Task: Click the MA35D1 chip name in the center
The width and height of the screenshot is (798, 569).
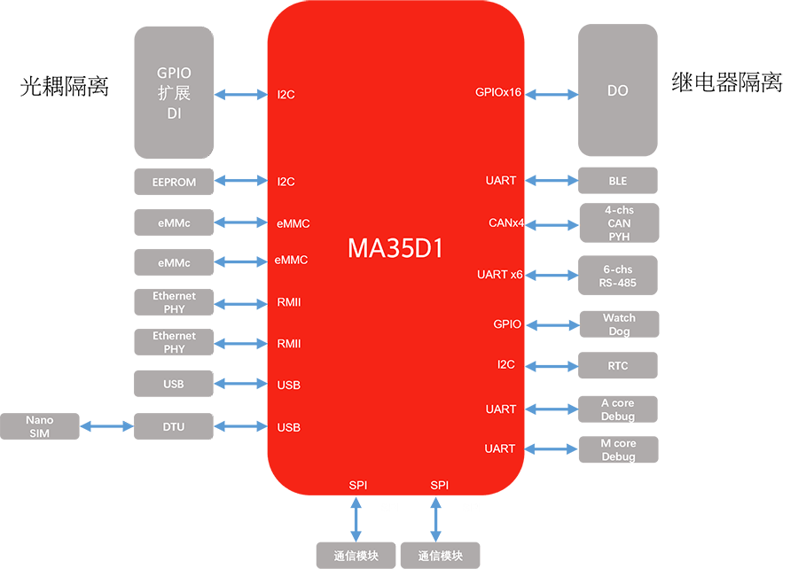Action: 395,248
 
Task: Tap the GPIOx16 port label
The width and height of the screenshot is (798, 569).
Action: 498,92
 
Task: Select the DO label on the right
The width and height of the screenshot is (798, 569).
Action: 618,90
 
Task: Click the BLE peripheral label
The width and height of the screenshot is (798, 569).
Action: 618,181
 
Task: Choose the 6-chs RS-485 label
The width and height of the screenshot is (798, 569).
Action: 618,276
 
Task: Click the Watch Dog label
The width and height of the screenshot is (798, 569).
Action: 619,324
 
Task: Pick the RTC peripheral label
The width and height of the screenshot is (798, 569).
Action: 618,365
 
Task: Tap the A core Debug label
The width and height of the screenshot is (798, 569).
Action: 618,409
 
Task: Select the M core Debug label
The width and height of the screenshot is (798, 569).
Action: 618,449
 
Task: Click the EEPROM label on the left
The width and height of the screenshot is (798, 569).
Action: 174,183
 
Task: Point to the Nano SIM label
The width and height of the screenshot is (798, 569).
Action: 39,426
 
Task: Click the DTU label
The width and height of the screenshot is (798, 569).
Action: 174,427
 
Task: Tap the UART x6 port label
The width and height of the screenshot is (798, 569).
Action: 500,275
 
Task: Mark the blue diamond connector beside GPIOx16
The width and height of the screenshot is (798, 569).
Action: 551,92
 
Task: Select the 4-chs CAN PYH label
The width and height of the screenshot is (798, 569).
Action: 619,223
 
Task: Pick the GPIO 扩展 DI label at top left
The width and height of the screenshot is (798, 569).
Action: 174,93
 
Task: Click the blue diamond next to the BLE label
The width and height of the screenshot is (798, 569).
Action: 552,181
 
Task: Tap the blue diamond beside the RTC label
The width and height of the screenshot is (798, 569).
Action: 552,364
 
